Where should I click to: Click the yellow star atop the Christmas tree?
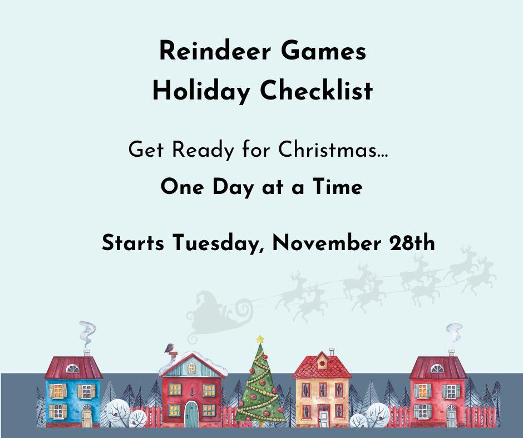[260, 339]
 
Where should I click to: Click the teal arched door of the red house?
[191, 413]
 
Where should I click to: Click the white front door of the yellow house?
[323, 414]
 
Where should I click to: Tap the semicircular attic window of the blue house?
[72, 369]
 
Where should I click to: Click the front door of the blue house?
[87, 414]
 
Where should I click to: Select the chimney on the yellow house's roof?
[332, 352]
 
